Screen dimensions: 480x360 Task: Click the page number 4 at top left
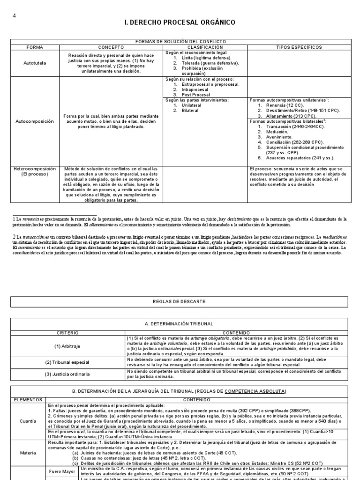(14, 15)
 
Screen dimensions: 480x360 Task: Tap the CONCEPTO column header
(111, 47)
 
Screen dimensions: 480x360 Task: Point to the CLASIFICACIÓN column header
(205, 47)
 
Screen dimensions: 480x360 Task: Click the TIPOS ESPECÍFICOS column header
(299, 47)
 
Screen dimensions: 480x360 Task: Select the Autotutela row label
(35, 63)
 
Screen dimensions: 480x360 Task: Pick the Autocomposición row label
(35, 120)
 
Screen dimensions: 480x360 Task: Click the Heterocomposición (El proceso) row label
(35, 172)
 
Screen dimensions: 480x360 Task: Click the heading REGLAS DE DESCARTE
(180, 301)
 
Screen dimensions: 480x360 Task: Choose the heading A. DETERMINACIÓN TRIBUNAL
(180, 323)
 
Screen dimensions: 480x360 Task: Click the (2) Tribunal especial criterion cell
(67, 362)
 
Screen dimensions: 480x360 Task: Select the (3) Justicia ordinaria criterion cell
(67, 374)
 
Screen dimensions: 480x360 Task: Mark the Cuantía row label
(29, 421)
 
